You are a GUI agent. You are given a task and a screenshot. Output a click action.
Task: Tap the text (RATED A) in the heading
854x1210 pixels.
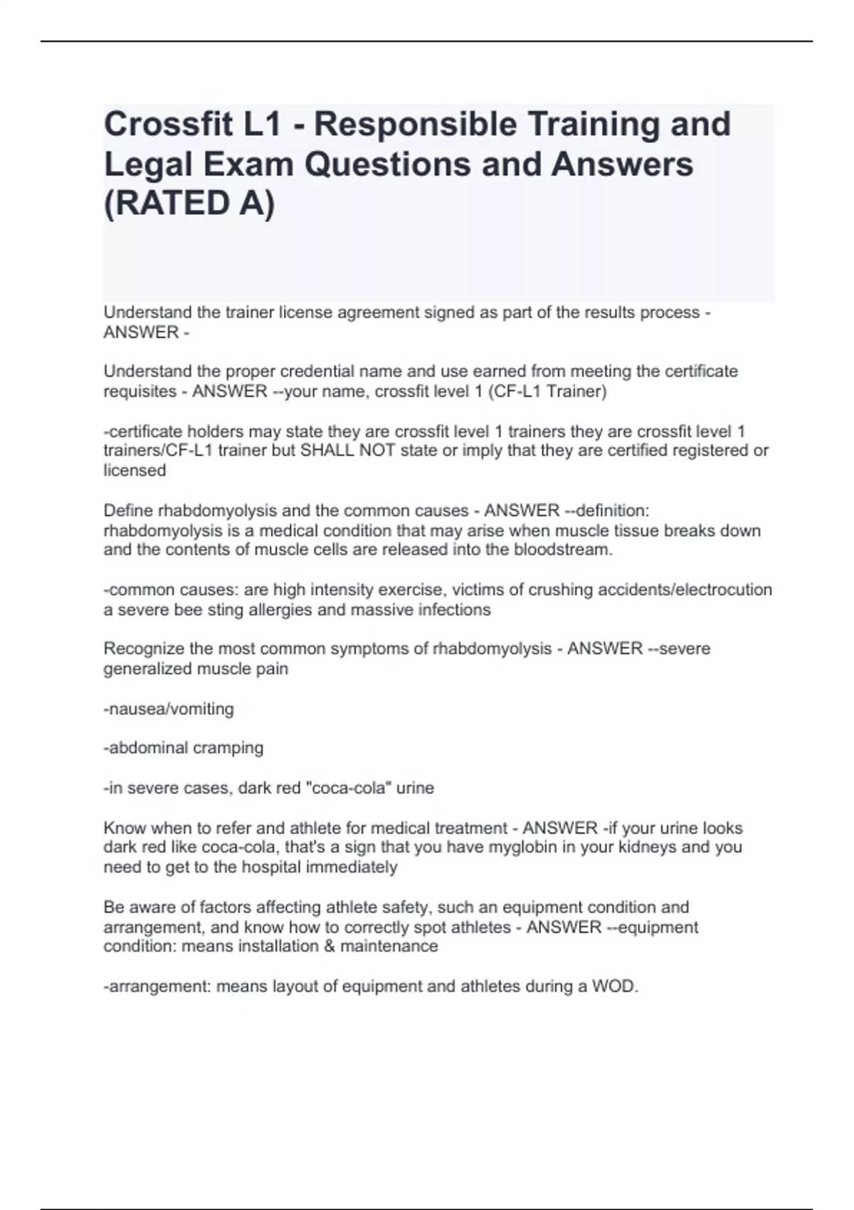point(189,204)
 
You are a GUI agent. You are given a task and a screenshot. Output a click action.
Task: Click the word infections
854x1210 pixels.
point(455,610)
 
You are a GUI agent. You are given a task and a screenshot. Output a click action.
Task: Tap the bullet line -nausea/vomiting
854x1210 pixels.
point(169,709)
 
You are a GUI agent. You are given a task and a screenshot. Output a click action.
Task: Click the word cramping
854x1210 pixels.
point(229,748)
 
